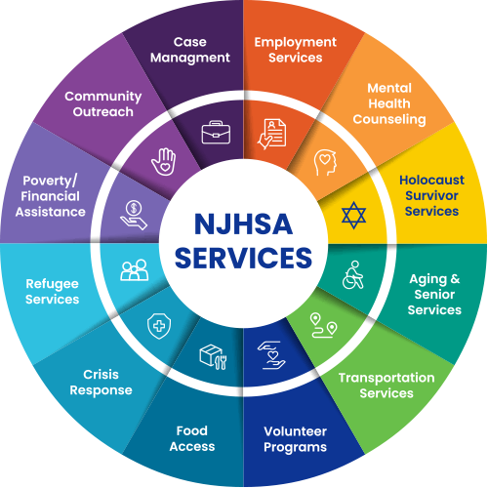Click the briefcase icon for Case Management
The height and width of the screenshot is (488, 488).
[216, 133]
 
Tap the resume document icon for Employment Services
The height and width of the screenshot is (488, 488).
[272, 134]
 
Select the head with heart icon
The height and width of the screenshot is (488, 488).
[325, 162]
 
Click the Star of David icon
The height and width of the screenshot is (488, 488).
[353, 215]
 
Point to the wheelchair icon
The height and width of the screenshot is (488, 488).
[353, 275]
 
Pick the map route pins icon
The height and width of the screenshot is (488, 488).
[323, 325]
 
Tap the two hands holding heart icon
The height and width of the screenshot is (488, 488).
[271, 355]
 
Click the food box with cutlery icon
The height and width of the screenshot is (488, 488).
[213, 357]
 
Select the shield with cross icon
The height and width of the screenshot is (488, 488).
[159, 326]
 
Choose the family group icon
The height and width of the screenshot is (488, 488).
[135, 270]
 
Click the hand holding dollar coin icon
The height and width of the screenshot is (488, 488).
[134, 215]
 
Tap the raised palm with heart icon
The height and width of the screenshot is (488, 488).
[163, 162]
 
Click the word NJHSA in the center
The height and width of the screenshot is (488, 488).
[243, 224]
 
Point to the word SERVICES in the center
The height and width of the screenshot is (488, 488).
[243, 258]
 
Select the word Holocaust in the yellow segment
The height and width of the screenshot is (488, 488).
[431, 180]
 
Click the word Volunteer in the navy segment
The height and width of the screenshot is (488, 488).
[295, 431]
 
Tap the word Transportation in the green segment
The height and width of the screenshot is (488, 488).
[386, 378]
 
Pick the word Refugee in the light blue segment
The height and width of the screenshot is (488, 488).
[52, 284]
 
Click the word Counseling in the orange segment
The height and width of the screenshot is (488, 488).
[389, 119]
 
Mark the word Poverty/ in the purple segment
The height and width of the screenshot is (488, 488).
[50, 181]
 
